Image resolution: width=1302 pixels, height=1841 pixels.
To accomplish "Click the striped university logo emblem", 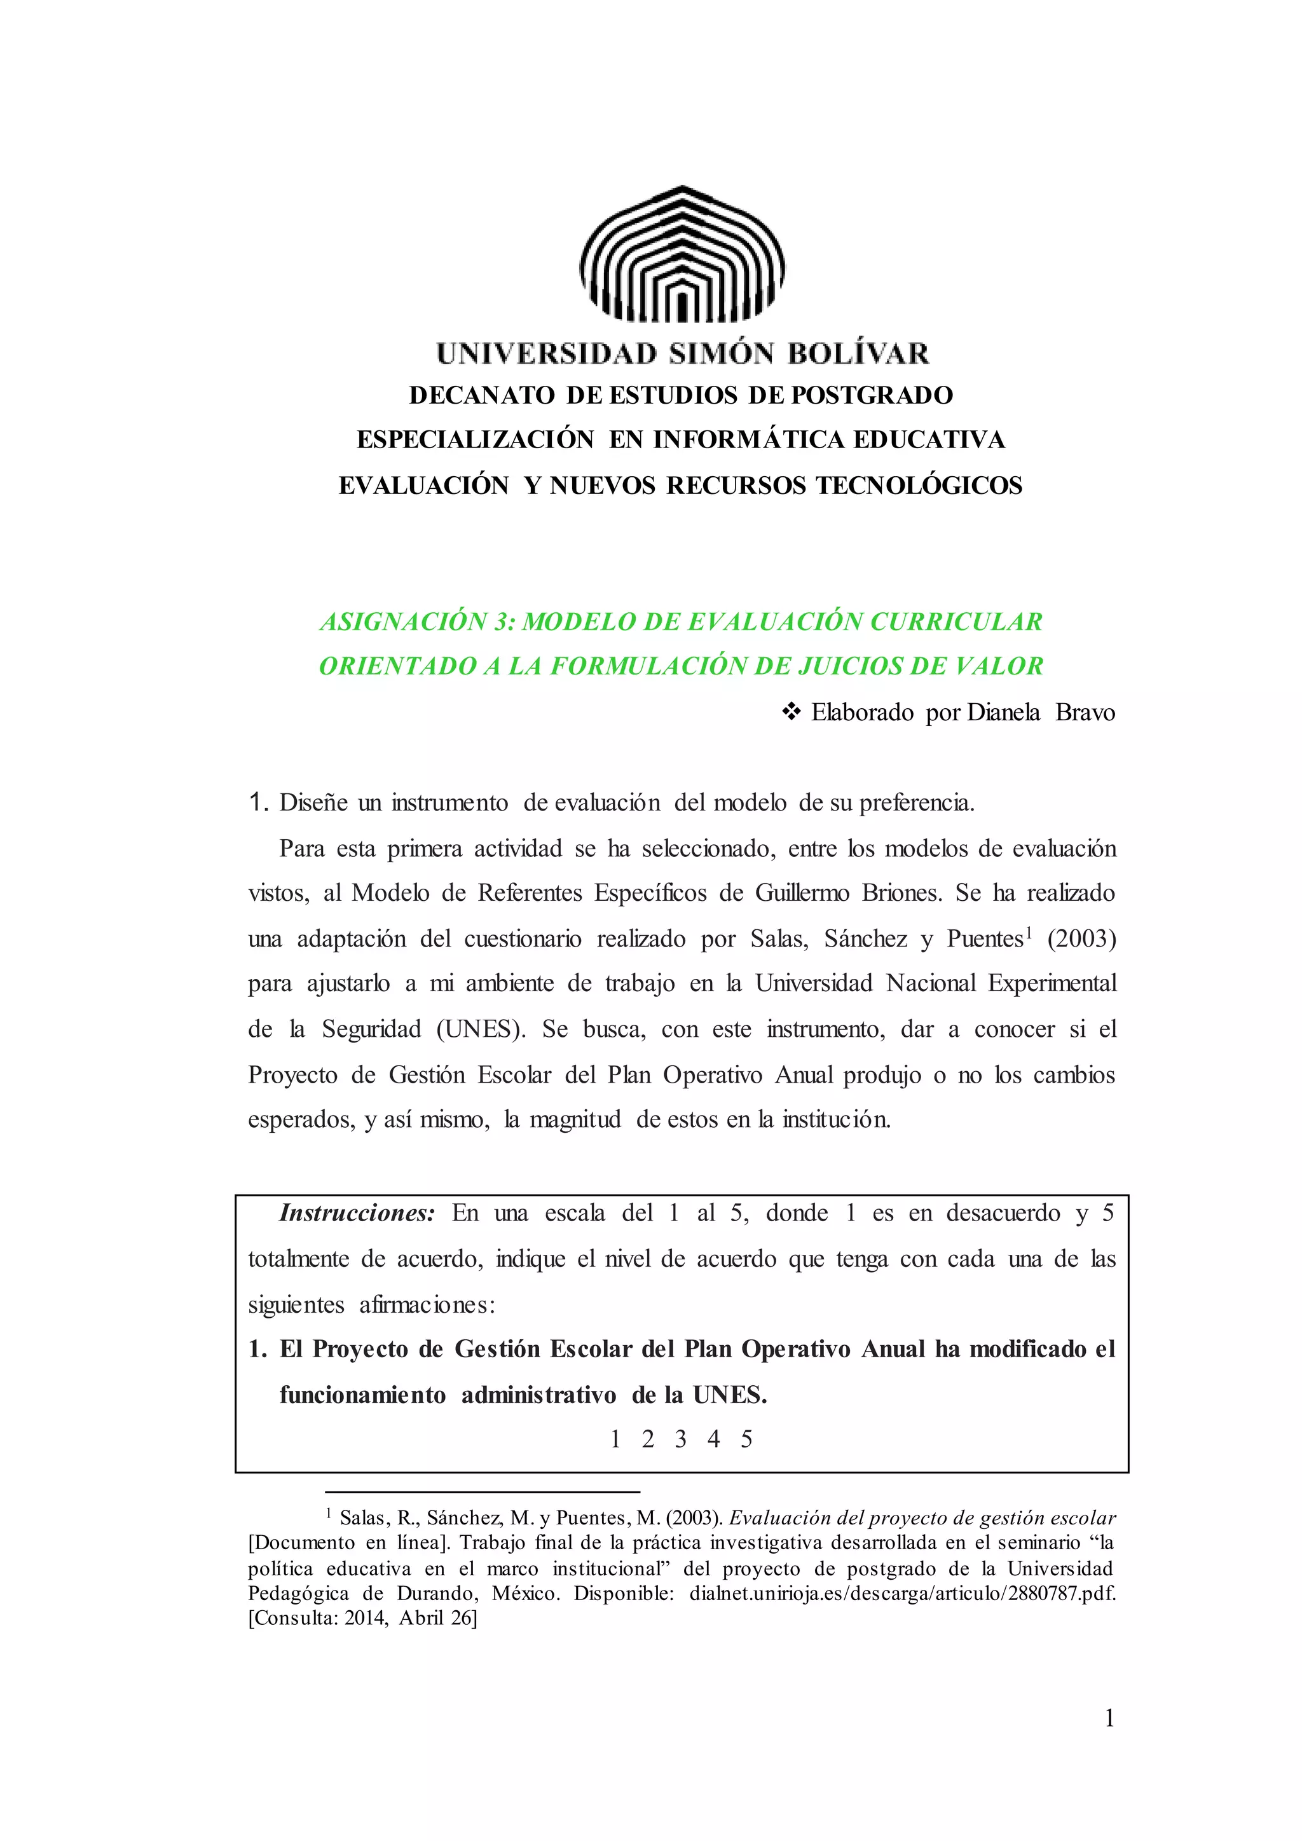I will (682, 254).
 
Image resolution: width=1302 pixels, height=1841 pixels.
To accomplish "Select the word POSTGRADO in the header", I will (872, 395).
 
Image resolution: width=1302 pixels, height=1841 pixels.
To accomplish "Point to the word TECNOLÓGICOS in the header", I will (919, 486).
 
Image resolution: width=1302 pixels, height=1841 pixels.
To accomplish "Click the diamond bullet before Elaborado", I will (791, 711).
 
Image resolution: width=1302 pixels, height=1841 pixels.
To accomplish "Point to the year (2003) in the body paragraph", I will (1081, 939).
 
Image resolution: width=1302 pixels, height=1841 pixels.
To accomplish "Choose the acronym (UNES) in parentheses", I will (480, 1030).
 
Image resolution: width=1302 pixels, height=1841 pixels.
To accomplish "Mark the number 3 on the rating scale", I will (681, 1440).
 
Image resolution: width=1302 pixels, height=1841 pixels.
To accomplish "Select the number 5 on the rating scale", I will (746, 1440).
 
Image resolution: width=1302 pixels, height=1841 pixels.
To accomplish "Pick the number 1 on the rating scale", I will (615, 1440).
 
